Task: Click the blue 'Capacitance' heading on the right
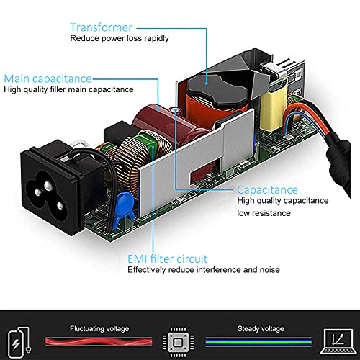267,190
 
